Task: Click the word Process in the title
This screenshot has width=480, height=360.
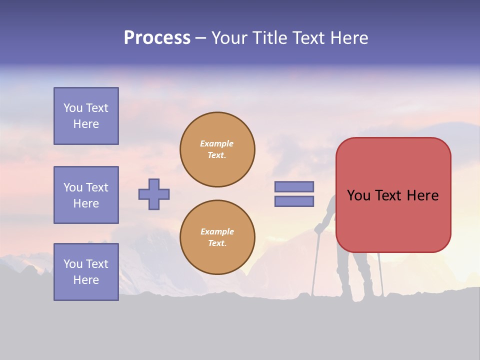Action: pos(157,38)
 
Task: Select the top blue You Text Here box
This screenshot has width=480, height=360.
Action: pos(86,116)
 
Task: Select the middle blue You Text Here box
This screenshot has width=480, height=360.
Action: pos(86,195)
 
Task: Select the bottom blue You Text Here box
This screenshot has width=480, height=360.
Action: pos(86,272)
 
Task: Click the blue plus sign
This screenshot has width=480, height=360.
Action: pos(154,194)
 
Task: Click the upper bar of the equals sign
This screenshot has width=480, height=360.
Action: pos(294,186)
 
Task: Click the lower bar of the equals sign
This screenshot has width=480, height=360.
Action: pos(294,201)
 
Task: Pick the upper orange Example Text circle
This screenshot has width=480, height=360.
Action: pos(217,149)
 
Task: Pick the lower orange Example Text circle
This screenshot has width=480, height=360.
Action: pos(217,237)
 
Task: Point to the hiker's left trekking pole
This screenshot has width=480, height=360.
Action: pos(315,265)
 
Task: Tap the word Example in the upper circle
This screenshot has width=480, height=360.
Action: pos(216,143)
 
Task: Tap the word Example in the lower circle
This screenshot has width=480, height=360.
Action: pos(216,231)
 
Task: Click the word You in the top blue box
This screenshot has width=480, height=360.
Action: pos(73,108)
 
